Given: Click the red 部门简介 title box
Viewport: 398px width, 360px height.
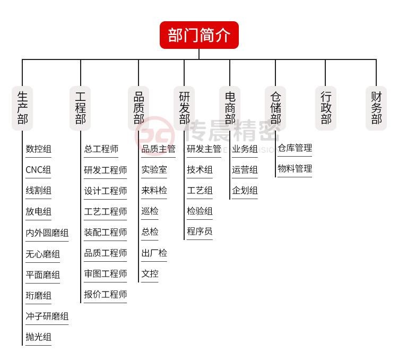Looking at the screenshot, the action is pos(199,35).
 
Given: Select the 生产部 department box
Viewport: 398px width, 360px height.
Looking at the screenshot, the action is pos(22,108).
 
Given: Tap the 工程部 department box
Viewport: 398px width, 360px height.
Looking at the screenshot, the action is pos(80,108).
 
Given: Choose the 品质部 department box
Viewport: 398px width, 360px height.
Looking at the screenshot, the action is pos(139,108).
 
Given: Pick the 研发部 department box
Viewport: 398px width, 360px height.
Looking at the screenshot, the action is pos(184,108).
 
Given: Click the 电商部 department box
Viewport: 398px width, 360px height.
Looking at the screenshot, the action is pos(230,108).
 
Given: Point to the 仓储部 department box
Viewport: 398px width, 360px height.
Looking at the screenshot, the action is pos(275,108).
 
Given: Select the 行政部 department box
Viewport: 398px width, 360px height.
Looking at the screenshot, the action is pos(326,108).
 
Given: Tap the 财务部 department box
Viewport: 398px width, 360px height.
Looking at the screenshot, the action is pos(376,108).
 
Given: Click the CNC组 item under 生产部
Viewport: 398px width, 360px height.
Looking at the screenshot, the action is pos(38,170).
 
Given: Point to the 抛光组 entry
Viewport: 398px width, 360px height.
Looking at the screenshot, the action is pos(38,337).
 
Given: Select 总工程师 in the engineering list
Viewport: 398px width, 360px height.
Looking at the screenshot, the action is pos(101,149).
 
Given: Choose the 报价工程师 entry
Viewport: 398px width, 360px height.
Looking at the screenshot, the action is pos(106,295).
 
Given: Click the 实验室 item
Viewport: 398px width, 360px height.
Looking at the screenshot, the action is pos(154,170).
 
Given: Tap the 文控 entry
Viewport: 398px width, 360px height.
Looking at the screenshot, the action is pos(150,274).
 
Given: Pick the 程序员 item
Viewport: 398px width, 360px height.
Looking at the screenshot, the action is pos(200,231).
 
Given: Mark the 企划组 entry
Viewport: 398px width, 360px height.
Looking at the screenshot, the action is pos(245,191).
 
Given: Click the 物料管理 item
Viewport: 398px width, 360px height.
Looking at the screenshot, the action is pos(295,168).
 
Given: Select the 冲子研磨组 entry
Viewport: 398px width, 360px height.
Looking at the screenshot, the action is pos(47,316).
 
